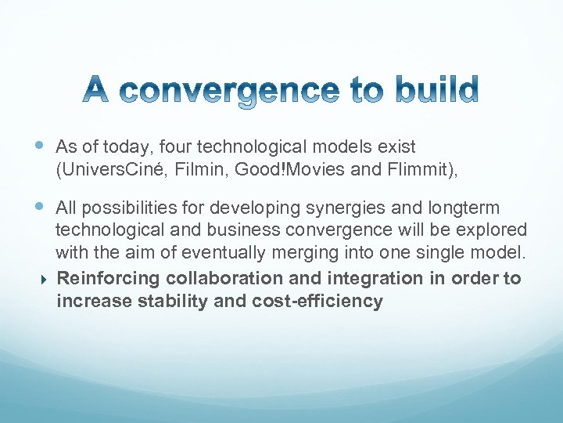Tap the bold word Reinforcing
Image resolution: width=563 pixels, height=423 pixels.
coord(106,279)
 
